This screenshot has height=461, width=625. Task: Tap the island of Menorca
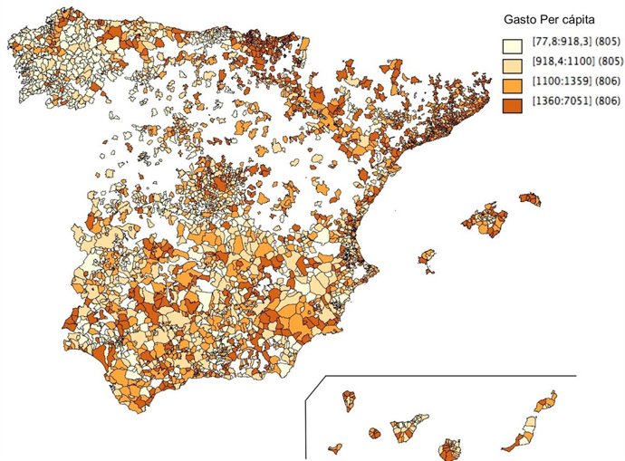tap(530, 198)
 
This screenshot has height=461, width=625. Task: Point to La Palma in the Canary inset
tap(348, 399)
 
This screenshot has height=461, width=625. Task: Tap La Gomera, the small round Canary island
tap(374, 434)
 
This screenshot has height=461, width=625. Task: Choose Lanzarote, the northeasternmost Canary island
tap(546, 402)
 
